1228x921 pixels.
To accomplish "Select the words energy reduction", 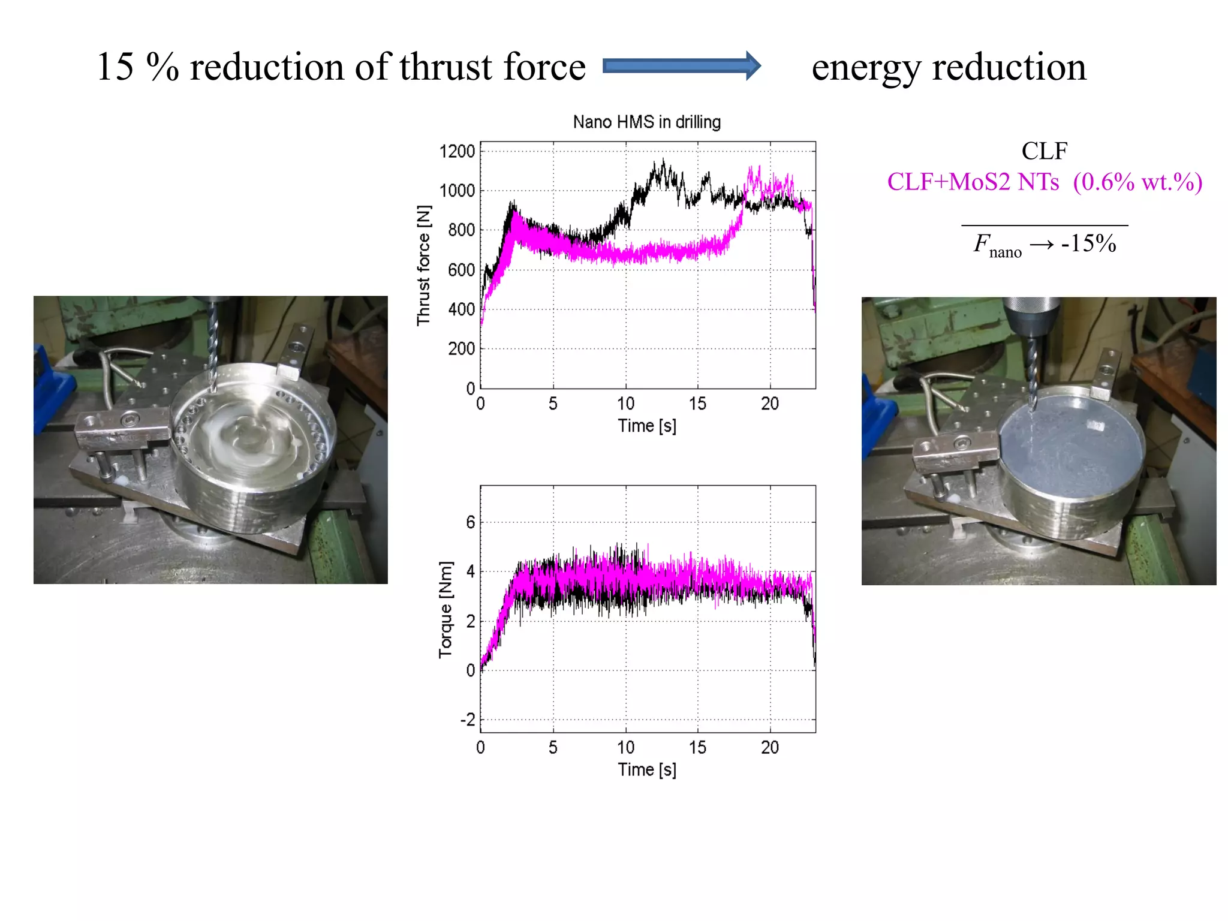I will tap(949, 67).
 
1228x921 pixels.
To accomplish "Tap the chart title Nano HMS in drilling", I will tap(646, 122).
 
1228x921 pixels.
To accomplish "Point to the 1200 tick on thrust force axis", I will tap(457, 151).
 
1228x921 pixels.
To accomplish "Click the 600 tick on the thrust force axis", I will tap(461, 270).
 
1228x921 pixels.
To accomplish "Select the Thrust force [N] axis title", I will tap(423, 265).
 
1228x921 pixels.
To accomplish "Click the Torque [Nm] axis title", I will tap(445, 610).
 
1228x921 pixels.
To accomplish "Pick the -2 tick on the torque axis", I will tap(467, 720).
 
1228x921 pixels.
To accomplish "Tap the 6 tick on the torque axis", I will tap(471, 522).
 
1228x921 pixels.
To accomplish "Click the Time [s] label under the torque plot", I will tap(647, 769).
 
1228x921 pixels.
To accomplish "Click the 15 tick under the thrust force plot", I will tap(697, 404).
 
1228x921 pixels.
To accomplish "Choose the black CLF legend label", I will tap(1044, 151).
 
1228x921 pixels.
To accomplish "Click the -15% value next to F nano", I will tap(1088, 243).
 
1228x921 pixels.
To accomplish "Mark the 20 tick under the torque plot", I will tap(770, 747).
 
